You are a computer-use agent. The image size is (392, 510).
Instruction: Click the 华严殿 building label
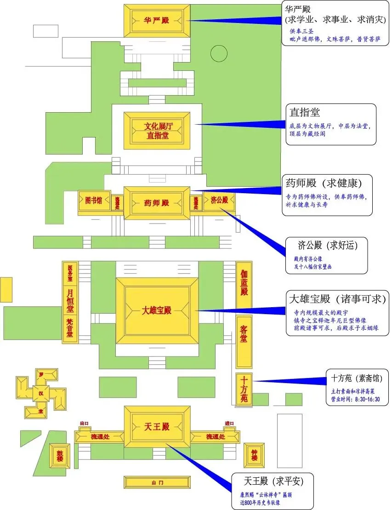[157, 21]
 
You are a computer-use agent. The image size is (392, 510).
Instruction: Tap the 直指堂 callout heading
[305, 112]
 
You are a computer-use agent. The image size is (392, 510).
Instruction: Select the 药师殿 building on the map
[157, 203]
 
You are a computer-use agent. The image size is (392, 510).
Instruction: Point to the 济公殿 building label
[219, 201]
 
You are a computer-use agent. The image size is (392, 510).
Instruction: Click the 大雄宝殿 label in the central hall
[157, 310]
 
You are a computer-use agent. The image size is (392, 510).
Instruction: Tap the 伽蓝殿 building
[244, 282]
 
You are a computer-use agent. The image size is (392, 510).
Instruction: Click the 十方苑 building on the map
[244, 390]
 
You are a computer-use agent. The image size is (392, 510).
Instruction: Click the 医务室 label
[70, 273]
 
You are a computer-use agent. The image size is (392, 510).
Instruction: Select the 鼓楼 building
[60, 455]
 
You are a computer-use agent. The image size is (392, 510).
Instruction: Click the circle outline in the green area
[219, 54]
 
